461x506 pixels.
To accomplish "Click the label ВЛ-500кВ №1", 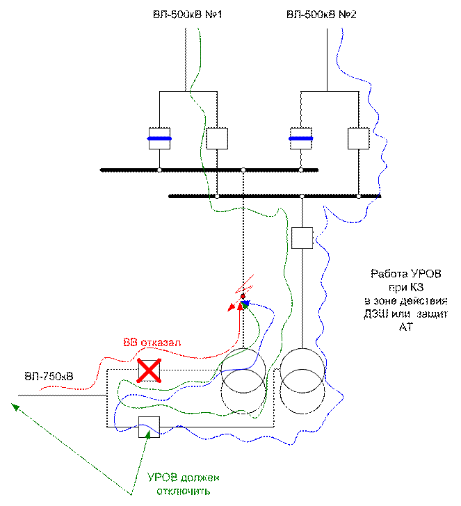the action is pyautogui.click(x=187, y=15).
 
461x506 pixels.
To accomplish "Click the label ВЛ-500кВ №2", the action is pyautogui.click(x=321, y=15).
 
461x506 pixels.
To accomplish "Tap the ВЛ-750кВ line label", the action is pyautogui.click(x=49, y=376).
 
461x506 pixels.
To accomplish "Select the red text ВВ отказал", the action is pyautogui.click(x=152, y=343).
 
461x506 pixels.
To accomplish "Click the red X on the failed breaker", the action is pyautogui.click(x=149, y=370).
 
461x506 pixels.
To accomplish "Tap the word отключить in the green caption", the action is pyautogui.click(x=184, y=491).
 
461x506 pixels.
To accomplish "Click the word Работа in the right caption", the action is pyautogui.click(x=387, y=274).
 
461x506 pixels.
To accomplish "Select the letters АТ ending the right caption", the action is pyautogui.click(x=406, y=327).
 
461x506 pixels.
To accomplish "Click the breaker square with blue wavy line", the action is pyautogui.click(x=149, y=427).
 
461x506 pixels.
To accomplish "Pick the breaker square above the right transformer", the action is pyautogui.click(x=302, y=238).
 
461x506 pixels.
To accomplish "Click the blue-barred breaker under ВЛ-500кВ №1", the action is pyautogui.click(x=159, y=138).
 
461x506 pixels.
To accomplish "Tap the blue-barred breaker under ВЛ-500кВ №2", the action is pyautogui.click(x=301, y=138).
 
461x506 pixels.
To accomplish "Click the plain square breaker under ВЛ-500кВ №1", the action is pyautogui.click(x=217, y=138).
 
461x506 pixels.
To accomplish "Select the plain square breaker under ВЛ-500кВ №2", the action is pyautogui.click(x=358, y=138).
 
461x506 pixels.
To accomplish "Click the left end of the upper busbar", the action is pyautogui.click(x=101, y=170).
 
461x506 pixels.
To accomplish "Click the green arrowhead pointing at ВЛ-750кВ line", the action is pyautogui.click(x=15, y=407).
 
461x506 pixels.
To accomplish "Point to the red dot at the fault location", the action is pyautogui.click(x=243, y=296).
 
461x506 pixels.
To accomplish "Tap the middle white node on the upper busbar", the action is pyautogui.click(x=243, y=170).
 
